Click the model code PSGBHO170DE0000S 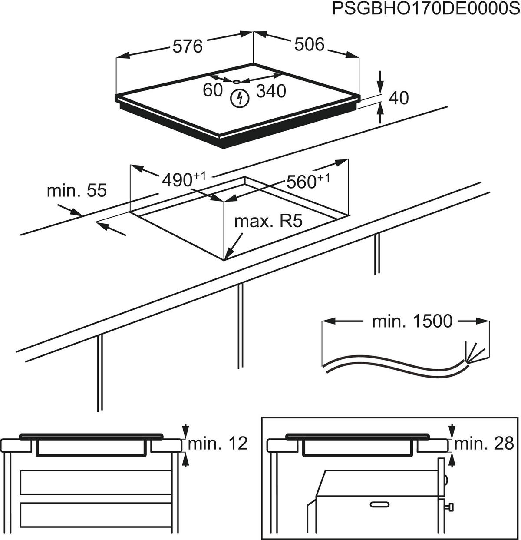(x=425, y=9)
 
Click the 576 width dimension (x=188, y=46)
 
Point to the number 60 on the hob (x=212, y=90)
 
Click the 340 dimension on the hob (x=271, y=91)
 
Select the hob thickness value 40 (x=399, y=98)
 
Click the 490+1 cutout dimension (x=182, y=179)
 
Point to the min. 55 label (x=76, y=190)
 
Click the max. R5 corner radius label (x=268, y=222)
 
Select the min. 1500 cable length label (x=412, y=321)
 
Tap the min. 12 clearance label (x=218, y=444)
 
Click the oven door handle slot (x=380, y=504)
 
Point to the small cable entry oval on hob (x=236, y=81)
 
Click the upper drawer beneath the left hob (x=96, y=482)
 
